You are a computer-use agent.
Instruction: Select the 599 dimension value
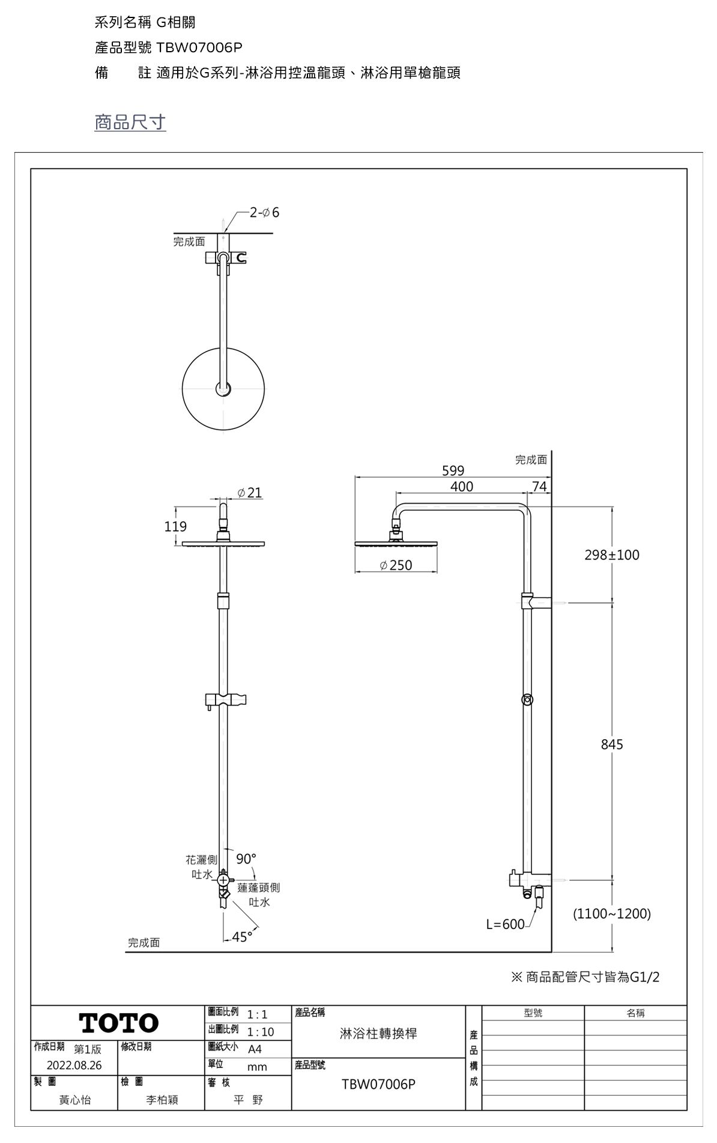(453, 470)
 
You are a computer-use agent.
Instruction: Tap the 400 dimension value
(462, 486)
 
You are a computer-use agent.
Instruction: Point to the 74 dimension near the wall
(540, 486)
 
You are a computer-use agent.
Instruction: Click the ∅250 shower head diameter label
(396, 565)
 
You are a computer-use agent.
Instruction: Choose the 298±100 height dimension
(612, 555)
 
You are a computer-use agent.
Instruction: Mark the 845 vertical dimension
(612, 745)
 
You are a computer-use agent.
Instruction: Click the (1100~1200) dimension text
(612, 914)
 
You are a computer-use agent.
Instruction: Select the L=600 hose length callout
(505, 924)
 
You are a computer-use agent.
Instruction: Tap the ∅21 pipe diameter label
(250, 493)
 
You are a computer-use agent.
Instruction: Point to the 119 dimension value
(175, 526)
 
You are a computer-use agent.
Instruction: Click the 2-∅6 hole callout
(264, 213)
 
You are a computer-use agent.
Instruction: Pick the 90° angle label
(246, 859)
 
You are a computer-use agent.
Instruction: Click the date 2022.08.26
(74, 1065)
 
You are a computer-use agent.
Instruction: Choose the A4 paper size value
(255, 1049)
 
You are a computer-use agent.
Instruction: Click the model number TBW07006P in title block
(378, 1084)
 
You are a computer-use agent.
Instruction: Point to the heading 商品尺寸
(130, 122)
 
